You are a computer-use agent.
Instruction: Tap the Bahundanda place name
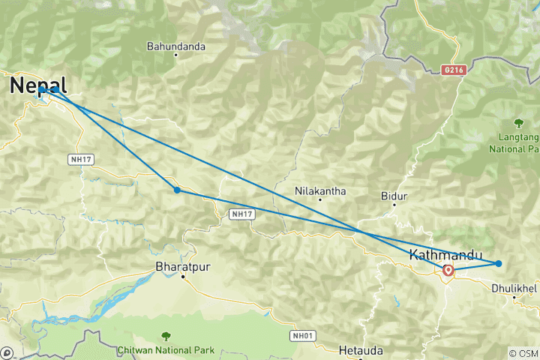tap(175, 46)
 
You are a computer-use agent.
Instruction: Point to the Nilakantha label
tap(321, 191)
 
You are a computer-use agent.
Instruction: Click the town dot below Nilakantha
tap(321, 199)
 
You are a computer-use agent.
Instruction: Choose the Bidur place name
tap(394, 196)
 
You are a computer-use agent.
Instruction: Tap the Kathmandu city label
tap(445, 254)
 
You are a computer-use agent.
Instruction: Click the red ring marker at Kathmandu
tap(448, 270)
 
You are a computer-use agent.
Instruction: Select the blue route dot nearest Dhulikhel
tap(499, 263)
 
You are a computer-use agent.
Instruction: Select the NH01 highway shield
tap(303, 335)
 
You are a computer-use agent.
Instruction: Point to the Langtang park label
tap(517, 143)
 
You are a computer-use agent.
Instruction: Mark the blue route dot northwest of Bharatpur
tap(177, 190)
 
